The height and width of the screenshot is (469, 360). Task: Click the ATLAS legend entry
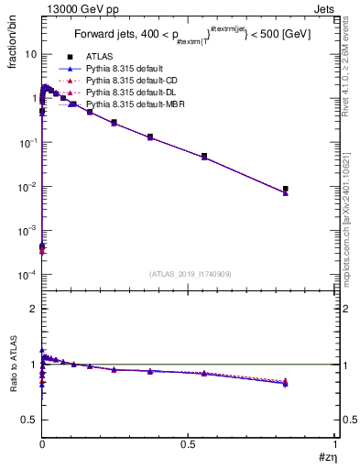point(98,57)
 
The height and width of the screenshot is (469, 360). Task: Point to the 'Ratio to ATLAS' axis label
point(14,365)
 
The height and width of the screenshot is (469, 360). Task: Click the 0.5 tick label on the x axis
point(189,443)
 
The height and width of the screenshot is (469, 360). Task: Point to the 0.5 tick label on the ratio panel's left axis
point(30,420)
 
